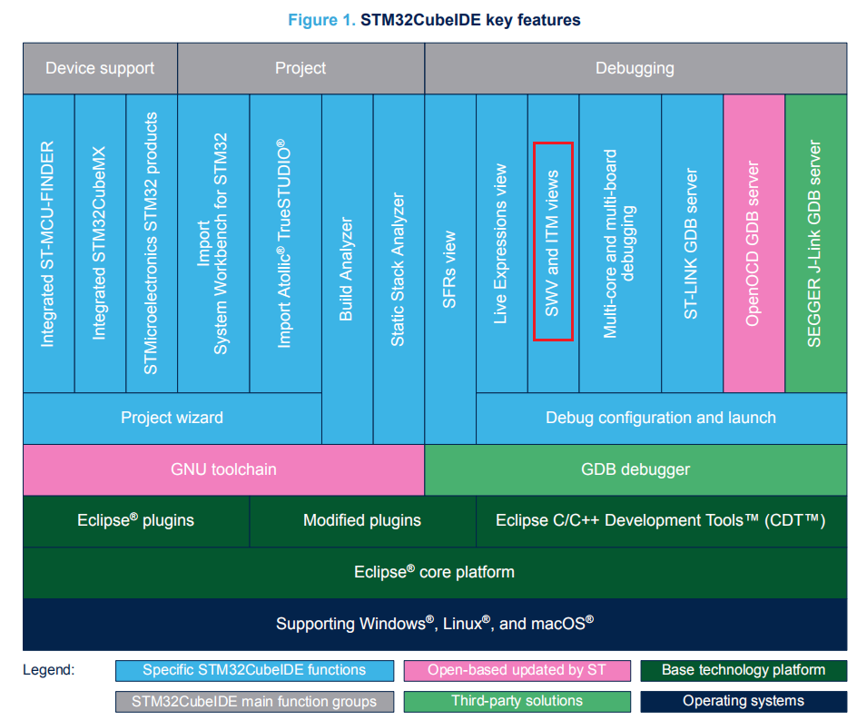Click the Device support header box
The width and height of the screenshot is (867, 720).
tap(100, 68)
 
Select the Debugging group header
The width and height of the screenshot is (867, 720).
tap(635, 68)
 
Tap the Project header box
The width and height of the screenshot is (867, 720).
tap(300, 68)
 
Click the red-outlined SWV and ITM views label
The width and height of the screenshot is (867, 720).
tap(553, 242)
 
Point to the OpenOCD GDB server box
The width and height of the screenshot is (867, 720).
tap(754, 243)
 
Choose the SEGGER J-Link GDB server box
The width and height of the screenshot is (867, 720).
tap(815, 243)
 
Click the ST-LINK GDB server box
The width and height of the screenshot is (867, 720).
tap(692, 243)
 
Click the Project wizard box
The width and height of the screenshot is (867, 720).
tap(172, 418)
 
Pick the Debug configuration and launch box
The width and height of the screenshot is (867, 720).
tap(660, 418)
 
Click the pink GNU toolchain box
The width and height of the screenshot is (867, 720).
tap(223, 469)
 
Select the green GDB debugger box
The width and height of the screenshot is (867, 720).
tap(635, 469)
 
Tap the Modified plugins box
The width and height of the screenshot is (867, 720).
tap(362, 520)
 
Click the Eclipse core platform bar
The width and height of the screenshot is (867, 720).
tap(434, 572)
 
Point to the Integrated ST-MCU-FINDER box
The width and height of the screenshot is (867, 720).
tap(48, 243)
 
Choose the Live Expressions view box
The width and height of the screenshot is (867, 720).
tap(501, 243)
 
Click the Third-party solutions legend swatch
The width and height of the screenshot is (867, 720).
tap(517, 701)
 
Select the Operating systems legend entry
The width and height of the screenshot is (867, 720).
tap(743, 701)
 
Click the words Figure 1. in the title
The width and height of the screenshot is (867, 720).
tap(321, 20)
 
